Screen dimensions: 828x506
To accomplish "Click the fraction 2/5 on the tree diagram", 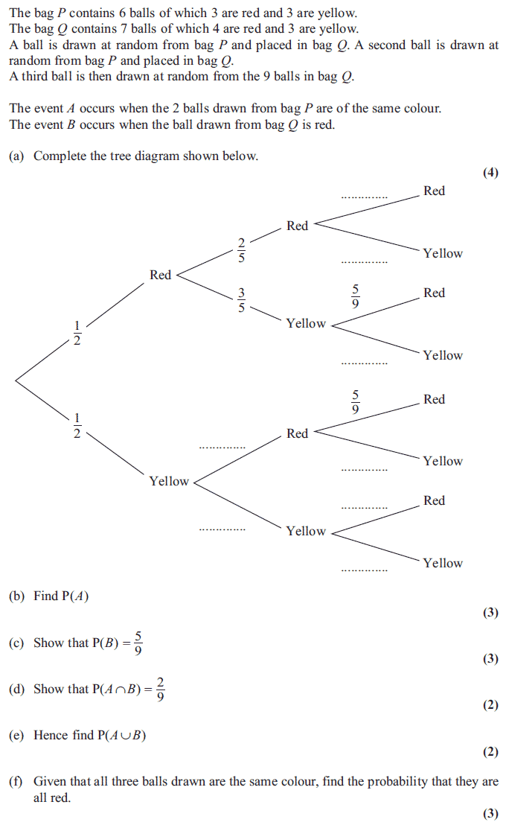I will click(x=241, y=249).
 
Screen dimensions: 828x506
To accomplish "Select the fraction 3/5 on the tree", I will click(x=241, y=300).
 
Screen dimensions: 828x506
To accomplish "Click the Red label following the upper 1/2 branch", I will click(x=160, y=275).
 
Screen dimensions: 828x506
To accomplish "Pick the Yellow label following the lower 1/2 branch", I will click(x=169, y=481).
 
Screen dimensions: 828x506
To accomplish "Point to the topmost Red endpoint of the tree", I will click(x=434, y=191).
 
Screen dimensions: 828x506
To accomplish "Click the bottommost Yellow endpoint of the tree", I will click(x=443, y=563).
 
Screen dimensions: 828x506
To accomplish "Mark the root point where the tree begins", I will click(x=15, y=380).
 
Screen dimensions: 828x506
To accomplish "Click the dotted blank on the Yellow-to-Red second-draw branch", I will click(x=222, y=447).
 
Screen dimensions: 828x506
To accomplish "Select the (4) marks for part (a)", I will click(x=490, y=173).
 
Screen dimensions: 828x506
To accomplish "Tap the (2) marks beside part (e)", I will click(x=490, y=752).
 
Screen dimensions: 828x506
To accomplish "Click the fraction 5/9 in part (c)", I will click(x=138, y=643).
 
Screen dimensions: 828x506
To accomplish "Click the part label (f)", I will click(x=16, y=781).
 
